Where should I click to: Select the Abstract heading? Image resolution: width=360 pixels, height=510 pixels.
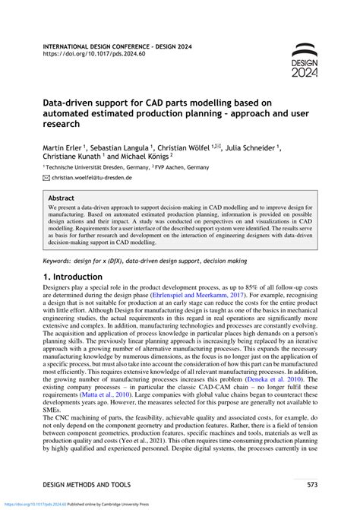point(62,196)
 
